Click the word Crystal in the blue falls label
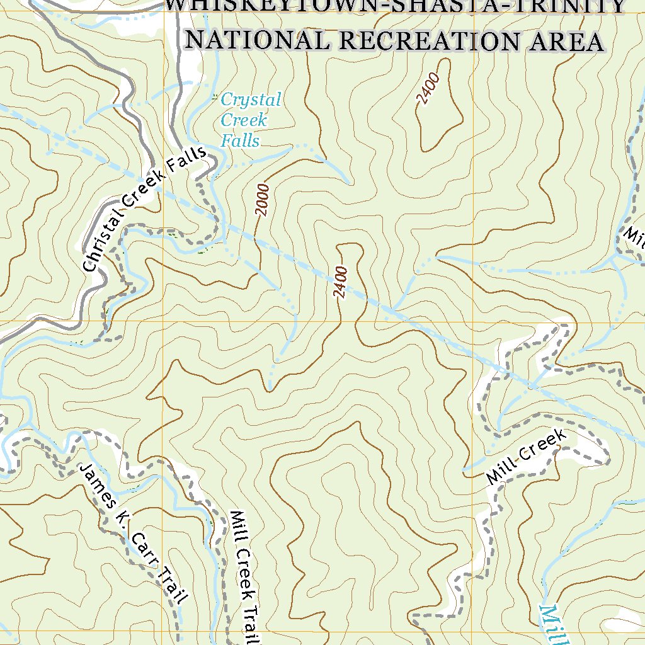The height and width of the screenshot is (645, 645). (x=251, y=100)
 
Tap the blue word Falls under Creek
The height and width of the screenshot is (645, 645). (x=240, y=140)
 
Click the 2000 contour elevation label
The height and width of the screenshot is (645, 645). (x=263, y=200)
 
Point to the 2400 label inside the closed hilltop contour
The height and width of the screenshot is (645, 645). (x=428, y=89)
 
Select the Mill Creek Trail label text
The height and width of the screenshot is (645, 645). (x=246, y=576)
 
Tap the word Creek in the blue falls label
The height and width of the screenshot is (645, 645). (x=244, y=120)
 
